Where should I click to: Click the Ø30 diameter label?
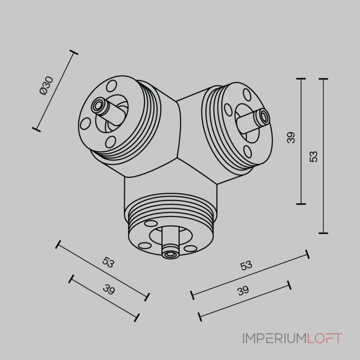(46, 85)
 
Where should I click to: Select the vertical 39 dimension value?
(291, 138)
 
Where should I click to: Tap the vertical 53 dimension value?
(313, 157)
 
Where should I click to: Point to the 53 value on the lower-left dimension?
(108, 262)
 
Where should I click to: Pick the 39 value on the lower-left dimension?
(108, 289)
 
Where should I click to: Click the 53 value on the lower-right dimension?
(246, 265)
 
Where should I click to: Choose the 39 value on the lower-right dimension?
(243, 291)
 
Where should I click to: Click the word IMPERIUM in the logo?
(274, 338)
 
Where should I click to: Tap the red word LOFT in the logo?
(324, 338)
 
